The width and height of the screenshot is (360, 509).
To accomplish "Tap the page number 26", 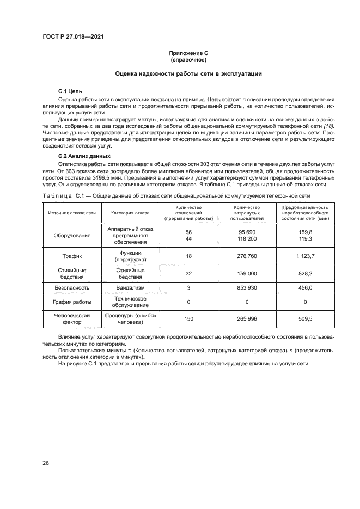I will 46,463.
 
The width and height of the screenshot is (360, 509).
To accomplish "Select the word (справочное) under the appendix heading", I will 187,59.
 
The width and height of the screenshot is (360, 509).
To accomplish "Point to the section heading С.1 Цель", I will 70,92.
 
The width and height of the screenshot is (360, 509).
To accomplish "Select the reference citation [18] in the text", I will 328,126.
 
